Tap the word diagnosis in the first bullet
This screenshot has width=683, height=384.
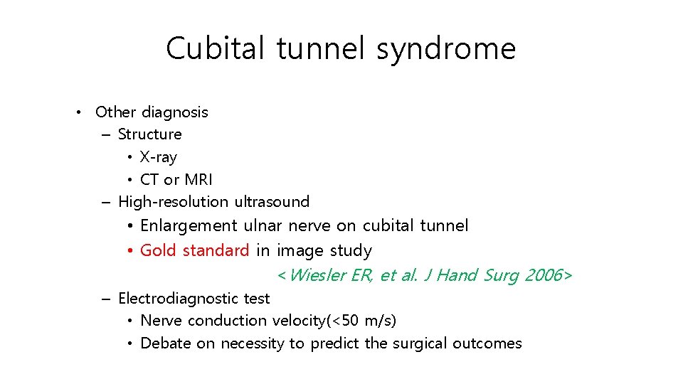175,112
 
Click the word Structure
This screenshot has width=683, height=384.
149,134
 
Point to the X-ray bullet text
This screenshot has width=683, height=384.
158,156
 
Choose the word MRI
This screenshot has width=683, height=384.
198,179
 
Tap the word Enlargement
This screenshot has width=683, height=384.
189,226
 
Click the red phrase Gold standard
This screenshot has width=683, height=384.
194,250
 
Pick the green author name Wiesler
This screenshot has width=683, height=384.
318,275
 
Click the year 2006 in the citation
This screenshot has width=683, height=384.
542,275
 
